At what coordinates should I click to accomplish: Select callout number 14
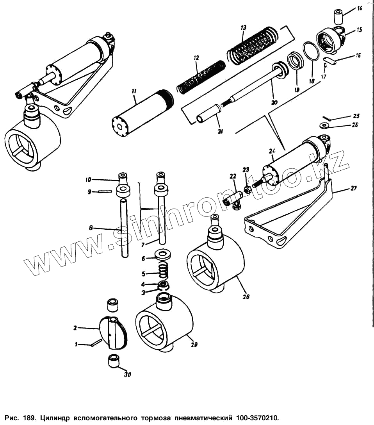360,8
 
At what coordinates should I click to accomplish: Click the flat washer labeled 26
324,125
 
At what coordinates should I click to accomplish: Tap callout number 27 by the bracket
354,188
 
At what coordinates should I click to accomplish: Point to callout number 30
127,375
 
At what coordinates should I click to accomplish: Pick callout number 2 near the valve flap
75,328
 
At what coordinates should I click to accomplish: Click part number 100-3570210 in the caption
257,418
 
